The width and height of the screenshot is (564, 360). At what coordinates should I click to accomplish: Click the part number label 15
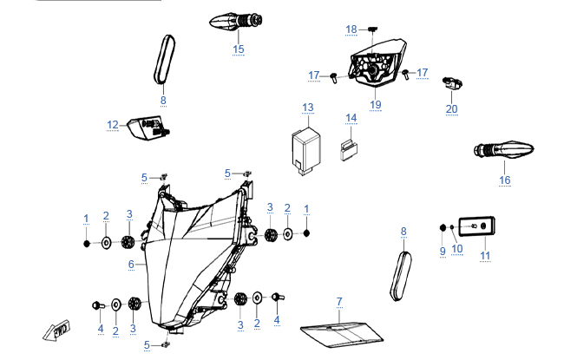pos(239,49)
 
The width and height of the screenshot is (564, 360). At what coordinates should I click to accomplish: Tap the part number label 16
pos(504,180)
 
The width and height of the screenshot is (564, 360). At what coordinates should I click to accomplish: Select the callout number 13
pos(307,108)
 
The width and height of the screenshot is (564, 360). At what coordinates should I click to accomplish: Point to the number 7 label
pos(339,301)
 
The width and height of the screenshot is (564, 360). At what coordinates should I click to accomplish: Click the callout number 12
pos(113,125)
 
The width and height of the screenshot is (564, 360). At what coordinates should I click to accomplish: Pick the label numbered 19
pos(375,104)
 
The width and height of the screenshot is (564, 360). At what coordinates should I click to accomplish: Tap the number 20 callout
pos(451,108)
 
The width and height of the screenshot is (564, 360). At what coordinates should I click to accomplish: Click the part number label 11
pos(485,256)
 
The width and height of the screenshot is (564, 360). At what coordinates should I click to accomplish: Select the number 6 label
pos(131,264)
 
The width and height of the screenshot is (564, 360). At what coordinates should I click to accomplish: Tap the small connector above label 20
pos(454,83)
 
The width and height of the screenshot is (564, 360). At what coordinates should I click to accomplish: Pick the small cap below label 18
pos(371,31)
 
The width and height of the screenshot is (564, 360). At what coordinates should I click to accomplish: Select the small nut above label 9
pos(443,228)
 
